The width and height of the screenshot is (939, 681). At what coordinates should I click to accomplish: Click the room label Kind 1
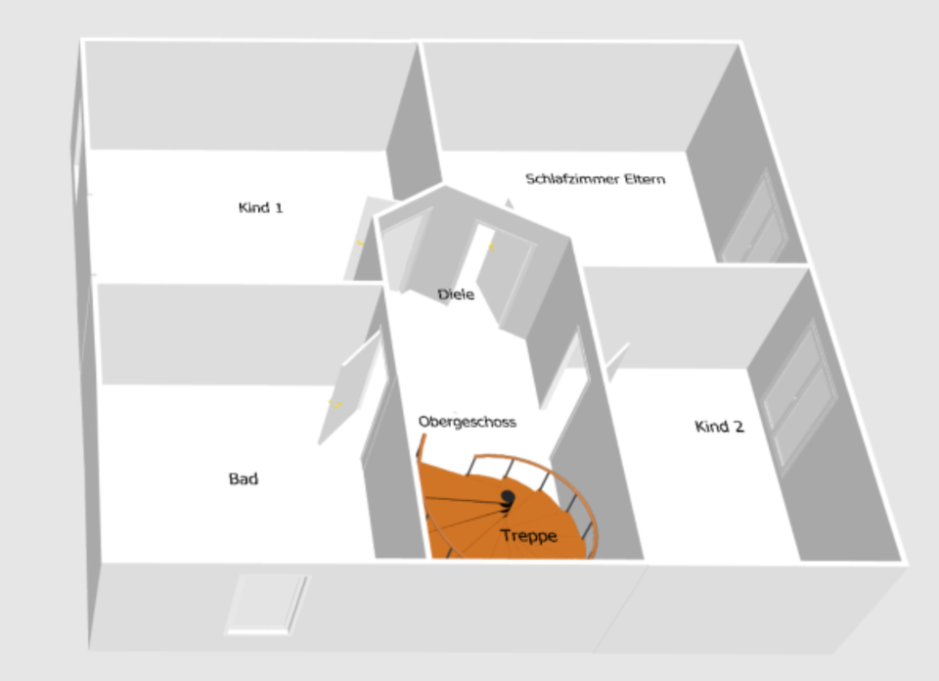261,207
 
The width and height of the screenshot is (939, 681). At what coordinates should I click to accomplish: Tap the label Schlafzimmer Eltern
595,179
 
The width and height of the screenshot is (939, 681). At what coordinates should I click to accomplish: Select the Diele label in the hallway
456,294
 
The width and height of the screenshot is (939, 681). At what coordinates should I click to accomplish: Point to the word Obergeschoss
467,422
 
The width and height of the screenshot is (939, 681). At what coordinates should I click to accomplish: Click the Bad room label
244,478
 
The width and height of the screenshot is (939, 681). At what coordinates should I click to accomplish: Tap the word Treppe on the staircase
528,535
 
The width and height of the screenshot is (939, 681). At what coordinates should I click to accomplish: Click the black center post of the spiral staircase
508,498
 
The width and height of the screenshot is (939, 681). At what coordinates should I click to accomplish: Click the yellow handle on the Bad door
335,403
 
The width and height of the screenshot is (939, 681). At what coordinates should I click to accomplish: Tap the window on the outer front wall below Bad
265,604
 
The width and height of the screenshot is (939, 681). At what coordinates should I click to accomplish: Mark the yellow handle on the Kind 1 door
359,242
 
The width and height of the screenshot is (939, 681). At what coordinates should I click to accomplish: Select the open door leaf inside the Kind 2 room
615,361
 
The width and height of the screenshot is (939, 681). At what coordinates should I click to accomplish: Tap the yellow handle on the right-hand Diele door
491,247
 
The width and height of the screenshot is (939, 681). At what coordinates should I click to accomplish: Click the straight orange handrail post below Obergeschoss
423,451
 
